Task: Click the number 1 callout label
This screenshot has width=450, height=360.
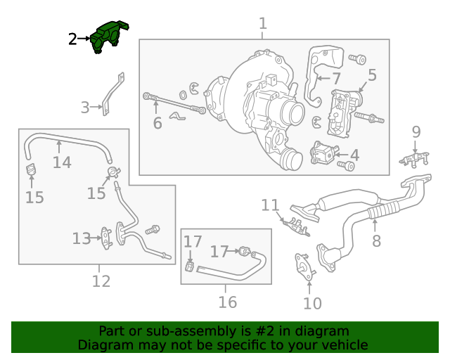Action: pyautogui.click(x=262, y=24)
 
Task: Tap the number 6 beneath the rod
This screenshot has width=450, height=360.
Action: pyautogui.click(x=157, y=123)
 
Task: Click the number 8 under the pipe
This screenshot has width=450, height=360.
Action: pyautogui.click(x=376, y=242)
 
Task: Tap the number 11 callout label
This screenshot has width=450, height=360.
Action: pyautogui.click(x=270, y=205)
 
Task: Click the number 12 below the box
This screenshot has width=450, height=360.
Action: pyautogui.click(x=101, y=281)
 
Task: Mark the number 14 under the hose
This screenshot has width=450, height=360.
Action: pyautogui.click(x=62, y=163)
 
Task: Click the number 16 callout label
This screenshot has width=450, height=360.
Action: pyautogui.click(x=227, y=302)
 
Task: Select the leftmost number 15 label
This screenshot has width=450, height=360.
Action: pyautogui.click(x=34, y=198)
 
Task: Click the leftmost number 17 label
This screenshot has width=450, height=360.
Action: pyautogui.click(x=193, y=242)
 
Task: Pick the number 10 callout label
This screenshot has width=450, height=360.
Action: pyautogui.click(x=312, y=304)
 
